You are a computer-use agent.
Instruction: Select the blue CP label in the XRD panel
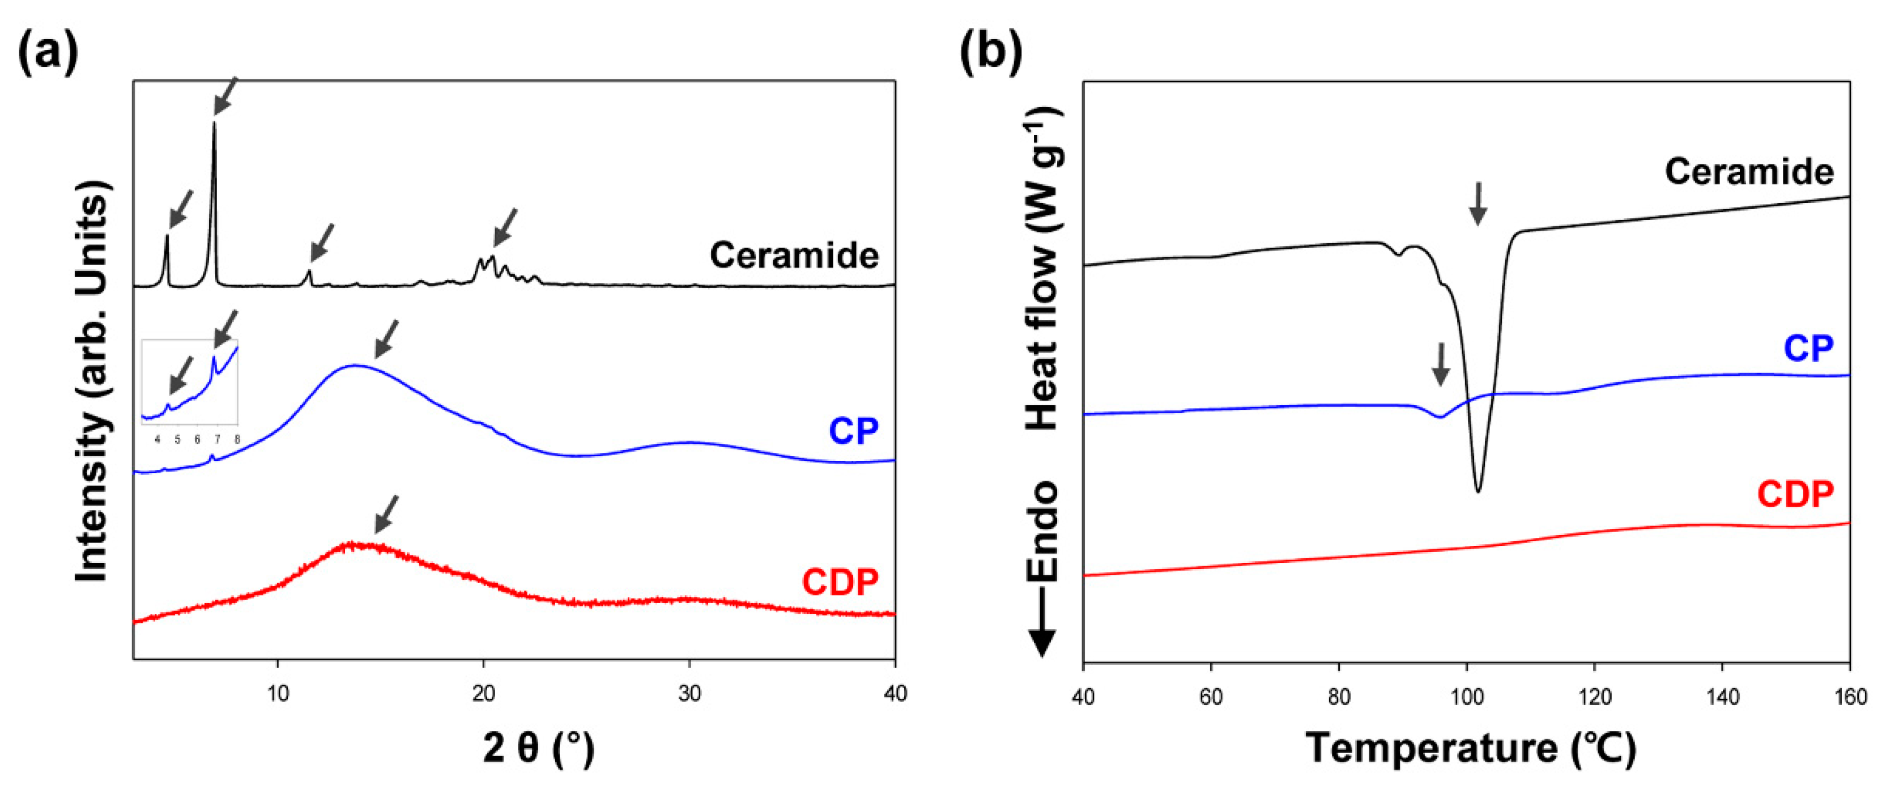coord(853,431)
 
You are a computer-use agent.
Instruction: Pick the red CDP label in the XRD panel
coord(840,582)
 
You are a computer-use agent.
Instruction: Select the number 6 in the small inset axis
coord(197,440)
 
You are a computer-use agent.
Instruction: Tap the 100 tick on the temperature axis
coord(1466,697)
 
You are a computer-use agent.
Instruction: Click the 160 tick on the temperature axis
coord(1850,697)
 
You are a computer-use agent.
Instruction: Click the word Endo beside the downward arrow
coord(1042,531)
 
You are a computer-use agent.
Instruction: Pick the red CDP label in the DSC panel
coord(1795,494)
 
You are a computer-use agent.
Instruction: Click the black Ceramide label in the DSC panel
coord(1749,172)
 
